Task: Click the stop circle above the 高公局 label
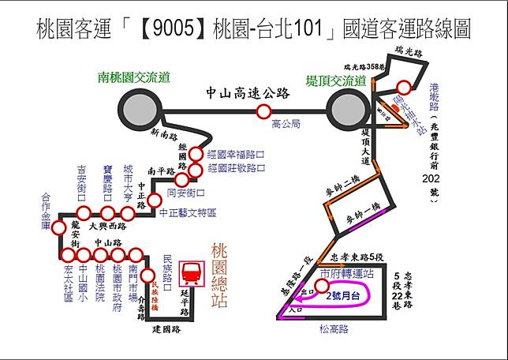click(x=263, y=112)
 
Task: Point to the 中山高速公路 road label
click(x=246, y=93)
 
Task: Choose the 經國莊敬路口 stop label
click(x=236, y=168)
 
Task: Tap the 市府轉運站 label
click(x=347, y=271)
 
